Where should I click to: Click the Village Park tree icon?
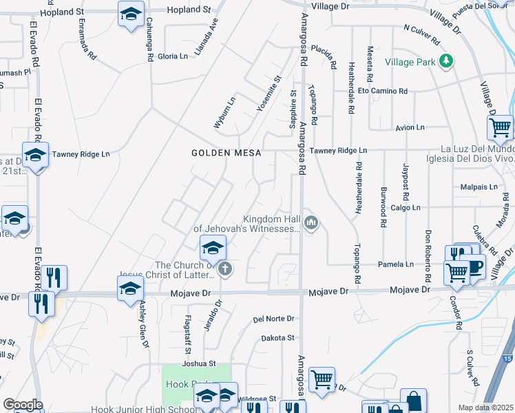pyautogui.click(x=446, y=61)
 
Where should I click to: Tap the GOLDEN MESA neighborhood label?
pyautogui.click(x=226, y=153)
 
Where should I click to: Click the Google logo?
pyautogui.click(x=23, y=405)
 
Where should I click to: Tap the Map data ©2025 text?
pyautogui.click(x=485, y=407)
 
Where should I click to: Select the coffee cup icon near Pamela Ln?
pyautogui.click(x=474, y=266)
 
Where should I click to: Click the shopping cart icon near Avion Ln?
pyautogui.click(x=500, y=127)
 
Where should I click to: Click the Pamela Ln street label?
pyautogui.click(x=396, y=264)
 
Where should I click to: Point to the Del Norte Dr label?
pyautogui.click(x=273, y=319)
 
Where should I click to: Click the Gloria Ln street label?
pyautogui.click(x=173, y=56)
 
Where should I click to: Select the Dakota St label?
pyautogui.click(x=277, y=338)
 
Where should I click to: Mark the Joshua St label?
pyautogui.click(x=199, y=363)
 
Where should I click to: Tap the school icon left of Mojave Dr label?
pyautogui.click(x=130, y=290)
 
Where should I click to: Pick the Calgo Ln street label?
pyautogui.click(x=406, y=207)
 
